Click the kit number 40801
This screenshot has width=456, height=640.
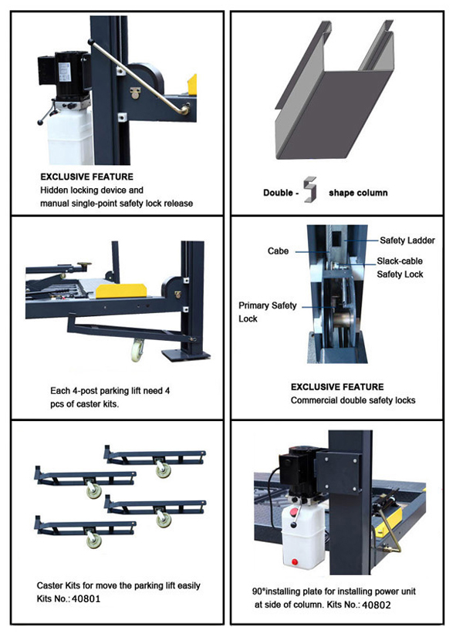coord(86,599)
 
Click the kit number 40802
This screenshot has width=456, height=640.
coord(377,605)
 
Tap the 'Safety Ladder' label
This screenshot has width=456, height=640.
coord(407,241)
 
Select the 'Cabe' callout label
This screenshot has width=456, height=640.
coord(278,251)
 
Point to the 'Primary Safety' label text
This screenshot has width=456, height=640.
coord(267,305)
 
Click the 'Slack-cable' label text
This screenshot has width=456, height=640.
coord(400,261)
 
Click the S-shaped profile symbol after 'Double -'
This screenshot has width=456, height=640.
coord(310,189)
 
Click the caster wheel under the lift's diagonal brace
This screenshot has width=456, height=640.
coord(137,351)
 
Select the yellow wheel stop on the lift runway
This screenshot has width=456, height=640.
coord(121,290)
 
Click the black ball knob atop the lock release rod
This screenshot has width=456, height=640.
coord(90,42)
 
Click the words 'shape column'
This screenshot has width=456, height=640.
coord(358,193)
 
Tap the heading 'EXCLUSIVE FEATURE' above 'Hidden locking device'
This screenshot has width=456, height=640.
coord(86,177)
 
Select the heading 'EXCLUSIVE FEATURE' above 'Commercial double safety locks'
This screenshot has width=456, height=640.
coord(337,387)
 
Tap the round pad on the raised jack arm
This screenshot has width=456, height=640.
coord(85,265)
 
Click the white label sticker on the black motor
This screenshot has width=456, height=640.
coord(64,72)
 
